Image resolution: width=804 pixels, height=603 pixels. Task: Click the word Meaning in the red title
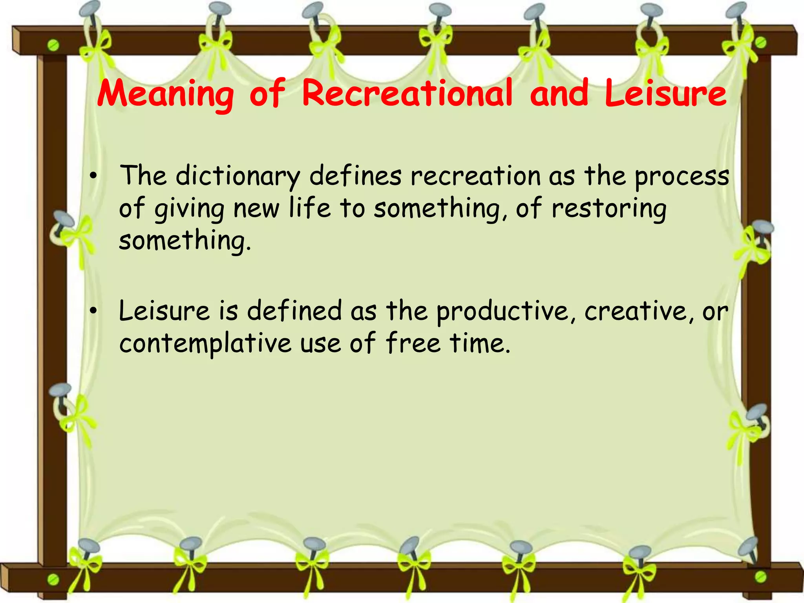165,94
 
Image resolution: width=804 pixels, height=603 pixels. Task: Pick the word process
682,177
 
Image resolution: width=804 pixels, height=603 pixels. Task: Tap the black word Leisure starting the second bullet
164,311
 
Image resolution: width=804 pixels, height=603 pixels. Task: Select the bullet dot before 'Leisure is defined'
93,311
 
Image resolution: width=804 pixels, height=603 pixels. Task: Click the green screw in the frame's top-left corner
53,46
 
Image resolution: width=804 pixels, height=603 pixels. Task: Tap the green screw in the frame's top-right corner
760,42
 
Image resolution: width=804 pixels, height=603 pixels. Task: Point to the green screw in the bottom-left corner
53,579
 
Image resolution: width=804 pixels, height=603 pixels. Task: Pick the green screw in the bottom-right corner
760,576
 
